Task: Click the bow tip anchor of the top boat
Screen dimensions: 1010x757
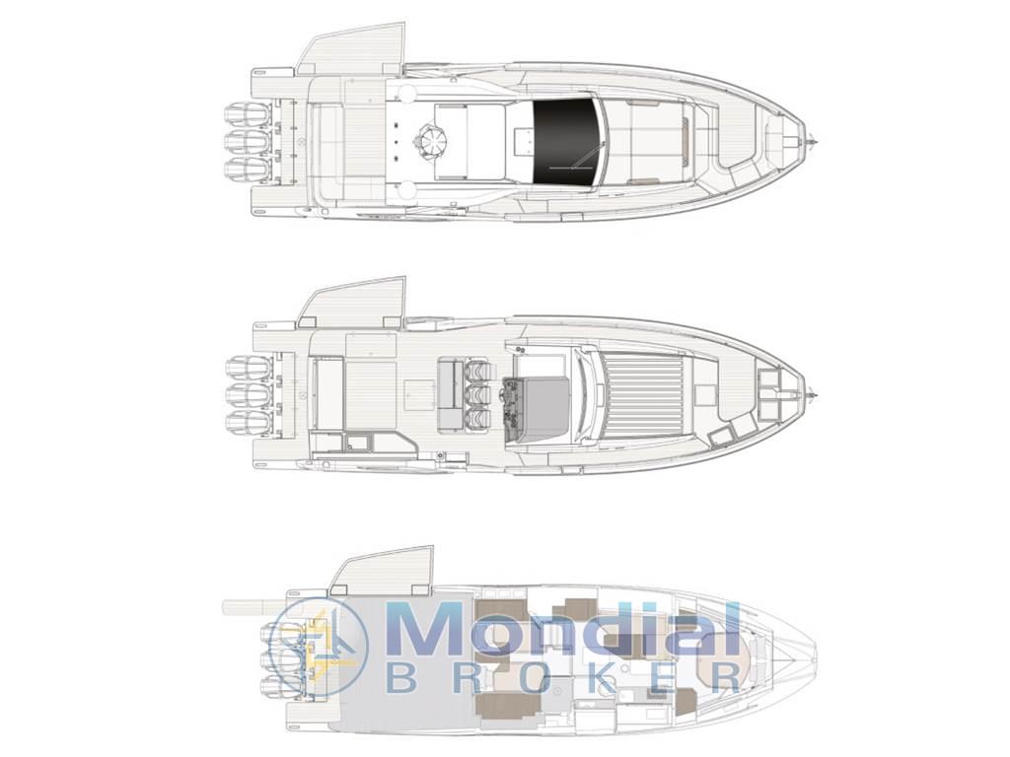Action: (x=813, y=140)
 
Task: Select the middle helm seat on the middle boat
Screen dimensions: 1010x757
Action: (x=478, y=393)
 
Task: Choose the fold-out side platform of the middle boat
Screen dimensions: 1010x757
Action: (x=352, y=300)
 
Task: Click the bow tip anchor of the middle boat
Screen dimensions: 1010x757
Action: (x=813, y=393)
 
